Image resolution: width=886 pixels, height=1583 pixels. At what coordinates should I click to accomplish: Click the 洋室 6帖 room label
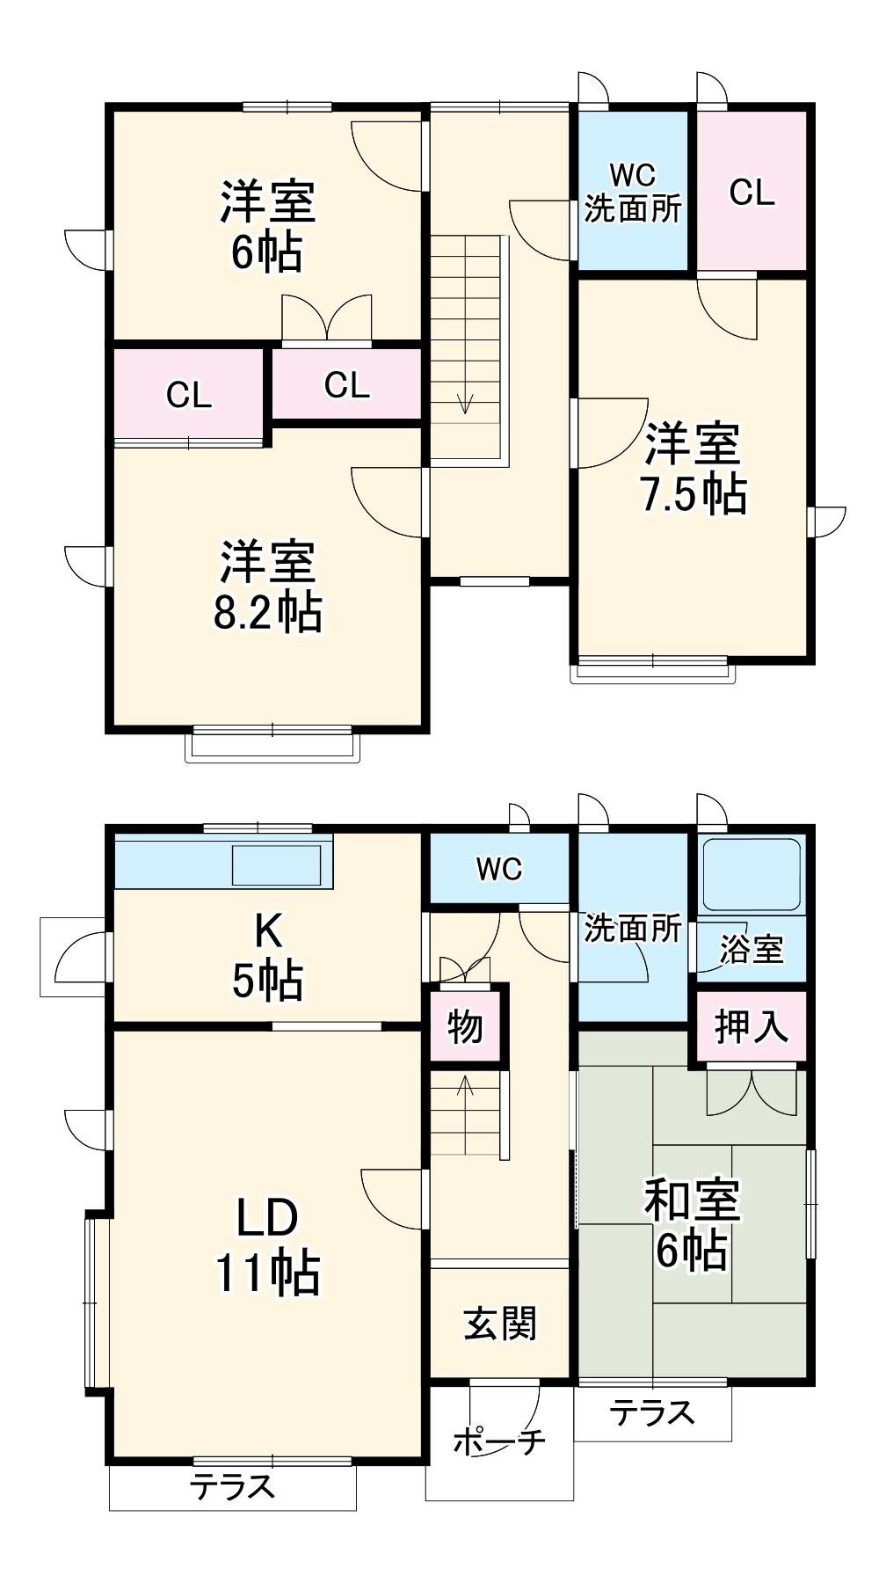(x=267, y=227)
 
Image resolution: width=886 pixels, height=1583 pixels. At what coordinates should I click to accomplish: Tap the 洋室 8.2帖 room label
(x=267, y=587)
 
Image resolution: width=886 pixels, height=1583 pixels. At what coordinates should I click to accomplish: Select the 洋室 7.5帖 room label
(x=694, y=469)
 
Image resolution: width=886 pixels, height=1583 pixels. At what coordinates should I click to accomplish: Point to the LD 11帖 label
(x=267, y=1245)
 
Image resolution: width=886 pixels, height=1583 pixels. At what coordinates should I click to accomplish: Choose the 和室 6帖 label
(x=693, y=1225)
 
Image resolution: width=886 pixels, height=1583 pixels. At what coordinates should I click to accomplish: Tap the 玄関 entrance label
(x=499, y=1324)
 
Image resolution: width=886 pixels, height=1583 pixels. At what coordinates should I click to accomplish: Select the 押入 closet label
(x=751, y=1026)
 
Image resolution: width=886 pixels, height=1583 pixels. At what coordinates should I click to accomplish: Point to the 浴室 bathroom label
(x=751, y=949)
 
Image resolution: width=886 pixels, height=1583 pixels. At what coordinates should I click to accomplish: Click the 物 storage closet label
(x=465, y=1026)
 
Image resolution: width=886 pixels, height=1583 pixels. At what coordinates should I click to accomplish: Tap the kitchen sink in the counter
(x=276, y=864)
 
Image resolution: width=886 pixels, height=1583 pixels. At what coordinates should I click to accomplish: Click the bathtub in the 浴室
(x=752, y=874)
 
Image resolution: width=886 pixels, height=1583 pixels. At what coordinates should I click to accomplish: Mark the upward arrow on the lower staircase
(x=465, y=1087)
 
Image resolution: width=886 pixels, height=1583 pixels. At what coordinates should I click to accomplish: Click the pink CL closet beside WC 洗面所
(x=752, y=192)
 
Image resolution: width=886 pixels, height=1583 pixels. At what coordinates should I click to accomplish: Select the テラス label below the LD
(x=233, y=1487)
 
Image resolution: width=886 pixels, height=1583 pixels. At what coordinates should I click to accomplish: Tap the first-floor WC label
(x=499, y=869)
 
